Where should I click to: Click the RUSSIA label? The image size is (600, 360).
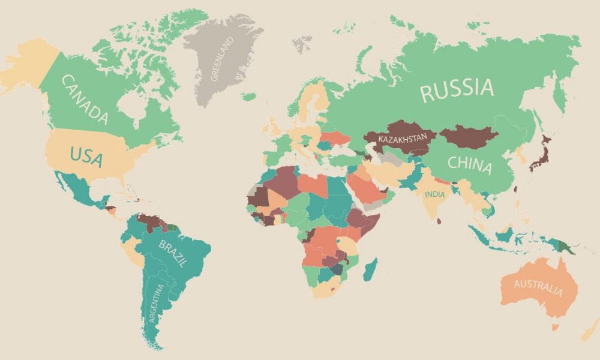point(457,89)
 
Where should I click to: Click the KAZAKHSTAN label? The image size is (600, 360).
point(403,139)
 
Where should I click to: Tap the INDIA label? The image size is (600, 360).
point(436,195)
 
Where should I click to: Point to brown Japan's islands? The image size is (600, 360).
point(540,153)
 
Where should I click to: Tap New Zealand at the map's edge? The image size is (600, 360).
point(590,331)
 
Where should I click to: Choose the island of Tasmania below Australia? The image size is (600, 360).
point(556,327)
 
